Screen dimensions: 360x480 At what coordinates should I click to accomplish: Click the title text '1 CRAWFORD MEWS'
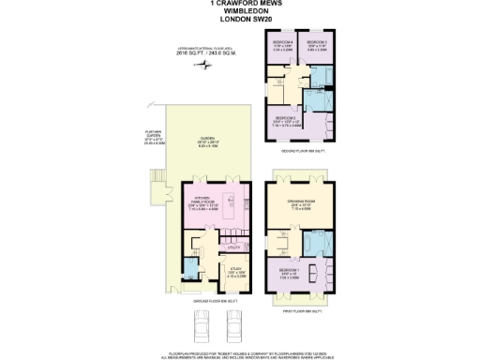(x=239, y=4)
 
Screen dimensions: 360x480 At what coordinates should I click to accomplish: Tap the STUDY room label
(x=236, y=273)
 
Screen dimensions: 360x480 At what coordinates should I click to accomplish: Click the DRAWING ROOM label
(x=297, y=205)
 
